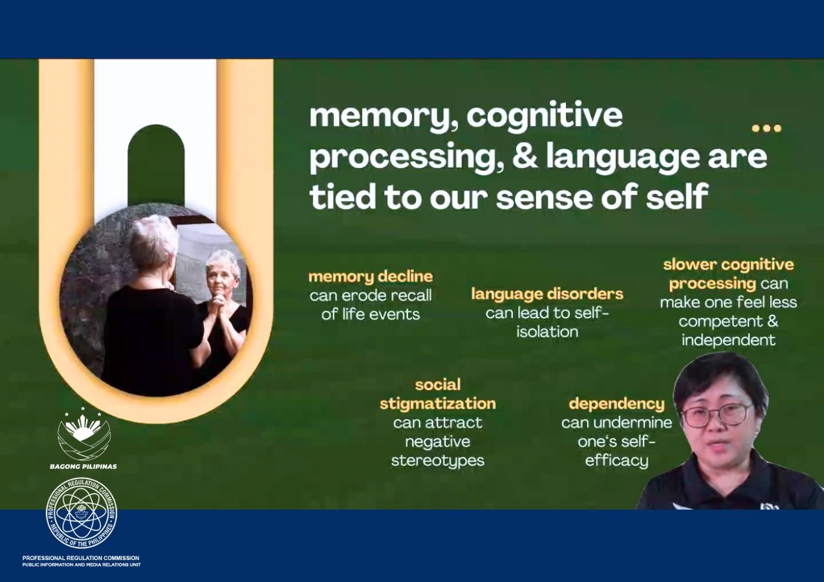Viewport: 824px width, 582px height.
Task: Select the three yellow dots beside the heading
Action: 766,129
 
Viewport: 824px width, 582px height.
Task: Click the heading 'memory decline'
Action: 371,277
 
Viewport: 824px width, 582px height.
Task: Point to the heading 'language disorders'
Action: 547,294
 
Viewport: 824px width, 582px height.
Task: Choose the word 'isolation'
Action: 547,332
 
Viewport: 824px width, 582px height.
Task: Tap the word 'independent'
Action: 728,340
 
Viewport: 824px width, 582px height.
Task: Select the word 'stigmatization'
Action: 438,404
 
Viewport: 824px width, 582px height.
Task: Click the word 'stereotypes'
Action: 438,461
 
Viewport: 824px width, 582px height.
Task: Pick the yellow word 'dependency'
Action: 616,404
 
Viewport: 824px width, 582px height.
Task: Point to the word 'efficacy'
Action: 616,461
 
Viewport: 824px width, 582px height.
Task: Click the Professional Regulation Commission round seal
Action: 81,514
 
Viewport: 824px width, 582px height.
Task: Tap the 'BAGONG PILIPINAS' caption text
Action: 83,466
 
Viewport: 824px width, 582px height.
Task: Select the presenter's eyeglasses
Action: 716,415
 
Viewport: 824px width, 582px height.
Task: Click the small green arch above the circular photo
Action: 156,165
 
